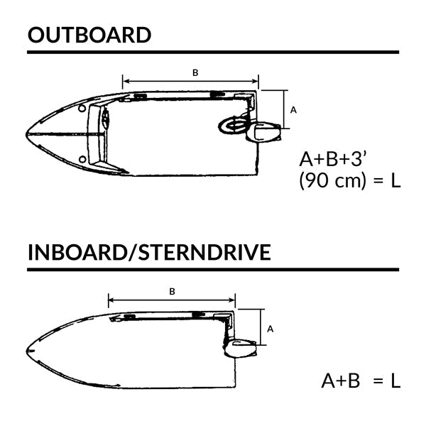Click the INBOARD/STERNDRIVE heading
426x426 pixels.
point(149,252)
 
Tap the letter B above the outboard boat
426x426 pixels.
point(195,72)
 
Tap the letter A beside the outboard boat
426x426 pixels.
point(294,110)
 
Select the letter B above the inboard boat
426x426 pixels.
point(173,291)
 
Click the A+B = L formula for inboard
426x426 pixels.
point(361,381)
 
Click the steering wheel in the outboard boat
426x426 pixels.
point(231,126)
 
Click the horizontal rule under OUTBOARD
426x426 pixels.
point(213,52)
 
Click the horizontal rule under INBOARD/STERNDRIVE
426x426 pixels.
point(213,269)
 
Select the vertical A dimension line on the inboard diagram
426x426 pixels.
point(263,327)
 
